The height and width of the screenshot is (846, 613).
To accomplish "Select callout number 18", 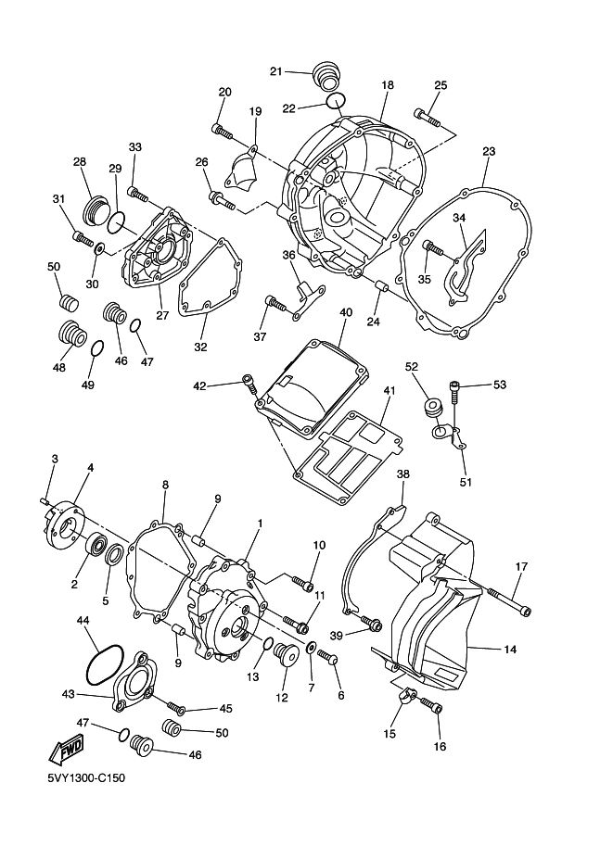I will [x=388, y=84].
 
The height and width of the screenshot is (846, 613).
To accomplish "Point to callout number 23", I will [x=489, y=150].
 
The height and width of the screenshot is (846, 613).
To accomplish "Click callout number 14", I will [x=509, y=650].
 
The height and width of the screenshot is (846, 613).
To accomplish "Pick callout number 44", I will [x=83, y=620].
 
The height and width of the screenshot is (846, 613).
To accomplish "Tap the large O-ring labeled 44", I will [x=105, y=663].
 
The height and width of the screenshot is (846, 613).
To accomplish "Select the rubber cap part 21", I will [x=325, y=74].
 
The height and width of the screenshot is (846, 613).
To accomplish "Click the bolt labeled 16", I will [x=432, y=707].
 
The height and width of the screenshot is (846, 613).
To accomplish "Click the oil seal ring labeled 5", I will [x=115, y=556].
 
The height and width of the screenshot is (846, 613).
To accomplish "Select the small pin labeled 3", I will [x=46, y=500].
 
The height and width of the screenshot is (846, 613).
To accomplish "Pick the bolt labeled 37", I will [x=275, y=301].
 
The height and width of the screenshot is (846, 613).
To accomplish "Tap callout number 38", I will [x=402, y=474].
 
